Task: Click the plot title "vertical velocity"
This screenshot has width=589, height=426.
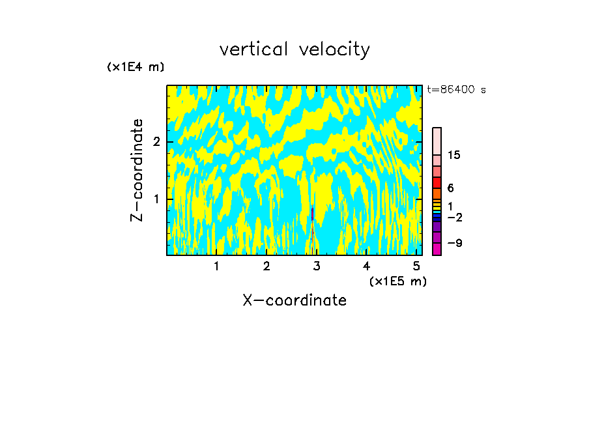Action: tap(294, 50)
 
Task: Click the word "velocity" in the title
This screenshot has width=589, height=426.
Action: tap(333, 50)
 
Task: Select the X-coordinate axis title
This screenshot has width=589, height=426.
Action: tap(294, 300)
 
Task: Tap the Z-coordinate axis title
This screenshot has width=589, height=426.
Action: tap(137, 170)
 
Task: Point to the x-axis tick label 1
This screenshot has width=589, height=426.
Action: tap(216, 266)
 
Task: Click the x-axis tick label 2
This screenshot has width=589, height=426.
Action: tap(266, 266)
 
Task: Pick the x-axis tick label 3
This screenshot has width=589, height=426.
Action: tap(317, 266)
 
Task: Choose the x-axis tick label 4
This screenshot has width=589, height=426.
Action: tap(367, 266)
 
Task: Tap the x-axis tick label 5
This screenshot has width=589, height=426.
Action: tap(417, 266)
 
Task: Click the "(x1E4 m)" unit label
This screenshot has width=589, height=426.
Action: tap(136, 67)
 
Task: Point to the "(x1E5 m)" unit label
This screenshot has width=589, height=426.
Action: tap(397, 281)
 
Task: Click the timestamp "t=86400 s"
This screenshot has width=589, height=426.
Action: tap(456, 90)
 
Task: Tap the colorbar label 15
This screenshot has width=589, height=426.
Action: tap(454, 155)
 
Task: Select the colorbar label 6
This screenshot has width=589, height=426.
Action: tap(450, 188)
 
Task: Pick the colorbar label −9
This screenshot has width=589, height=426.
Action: tap(454, 243)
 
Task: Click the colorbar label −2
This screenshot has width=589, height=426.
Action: tap(454, 218)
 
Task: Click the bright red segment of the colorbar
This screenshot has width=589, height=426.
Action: tap(437, 182)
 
